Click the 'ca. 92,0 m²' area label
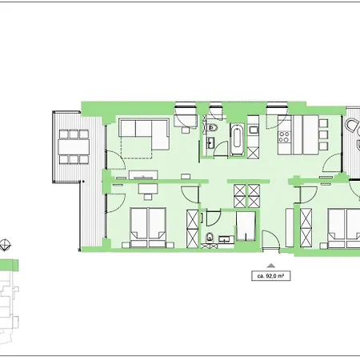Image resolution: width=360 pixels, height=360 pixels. point(272,275)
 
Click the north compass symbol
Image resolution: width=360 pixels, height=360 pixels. point(7,246)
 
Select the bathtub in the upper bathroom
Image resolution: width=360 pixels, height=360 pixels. point(238,138)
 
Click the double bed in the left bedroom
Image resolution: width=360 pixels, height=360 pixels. point(148,223)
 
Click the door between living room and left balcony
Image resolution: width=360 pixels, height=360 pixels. point(110,158)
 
